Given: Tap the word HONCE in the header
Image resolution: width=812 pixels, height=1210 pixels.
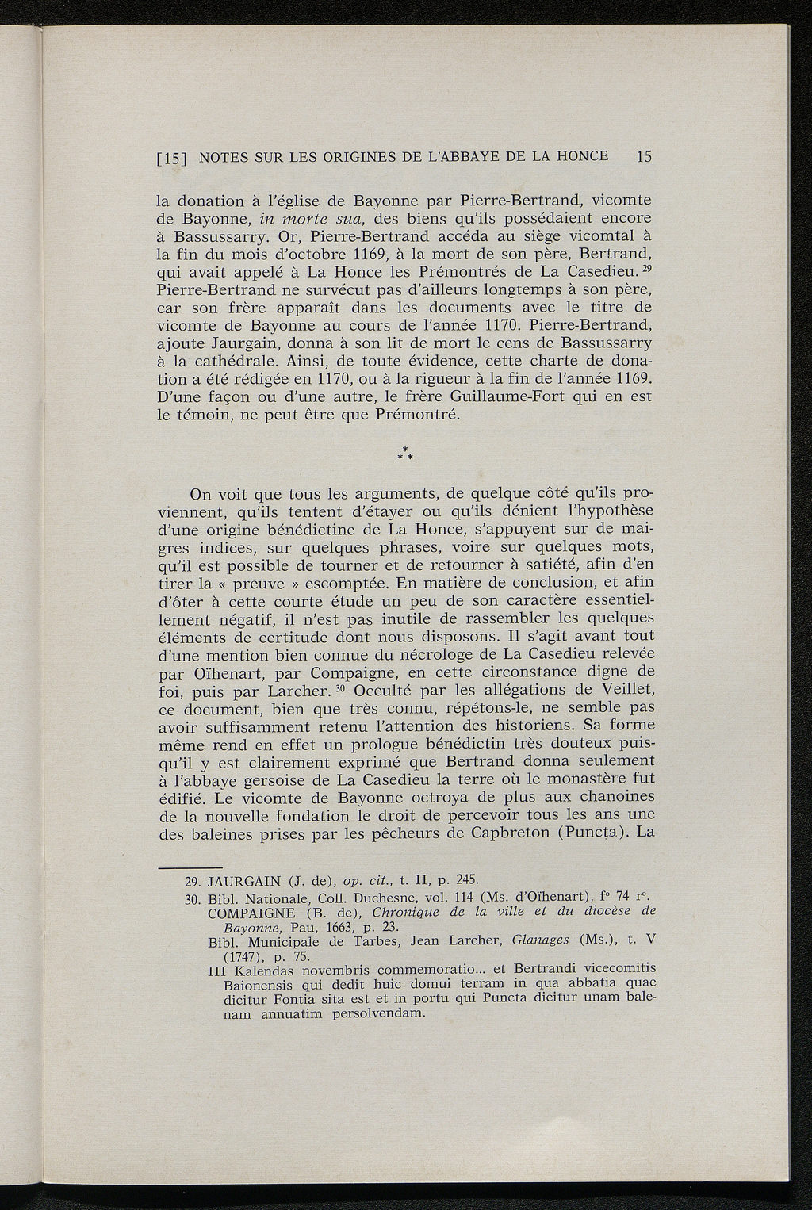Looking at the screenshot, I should pos(582,156).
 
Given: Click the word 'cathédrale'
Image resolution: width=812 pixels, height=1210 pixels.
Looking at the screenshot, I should pos(220,362).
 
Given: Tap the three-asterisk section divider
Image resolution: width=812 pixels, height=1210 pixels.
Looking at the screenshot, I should pos(406,455).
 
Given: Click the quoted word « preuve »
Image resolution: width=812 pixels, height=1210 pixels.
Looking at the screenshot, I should pos(255,583).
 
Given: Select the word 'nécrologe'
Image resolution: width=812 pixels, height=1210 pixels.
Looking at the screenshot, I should pos(425,655).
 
